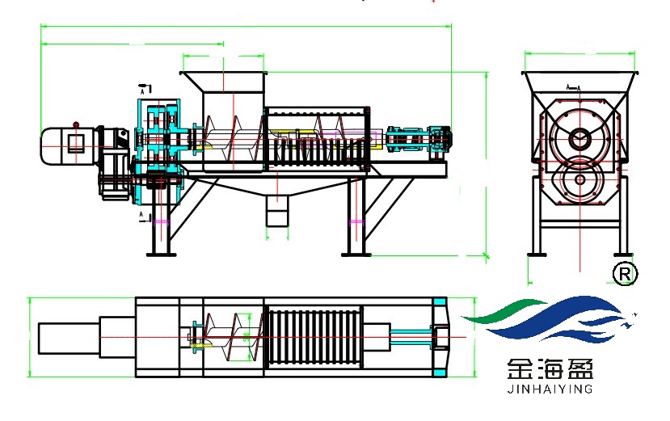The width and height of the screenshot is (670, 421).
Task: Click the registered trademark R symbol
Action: (x=625, y=274)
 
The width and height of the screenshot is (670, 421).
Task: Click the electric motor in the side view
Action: (x=69, y=145)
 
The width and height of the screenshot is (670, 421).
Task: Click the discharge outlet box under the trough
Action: (x=277, y=215)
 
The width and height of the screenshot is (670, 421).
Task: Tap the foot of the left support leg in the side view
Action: (x=162, y=254)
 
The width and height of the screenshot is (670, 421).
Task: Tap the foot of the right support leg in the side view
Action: (x=356, y=254)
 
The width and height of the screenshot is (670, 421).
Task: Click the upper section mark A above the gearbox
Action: (x=145, y=87)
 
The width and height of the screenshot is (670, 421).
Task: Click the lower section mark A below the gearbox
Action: (x=144, y=214)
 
